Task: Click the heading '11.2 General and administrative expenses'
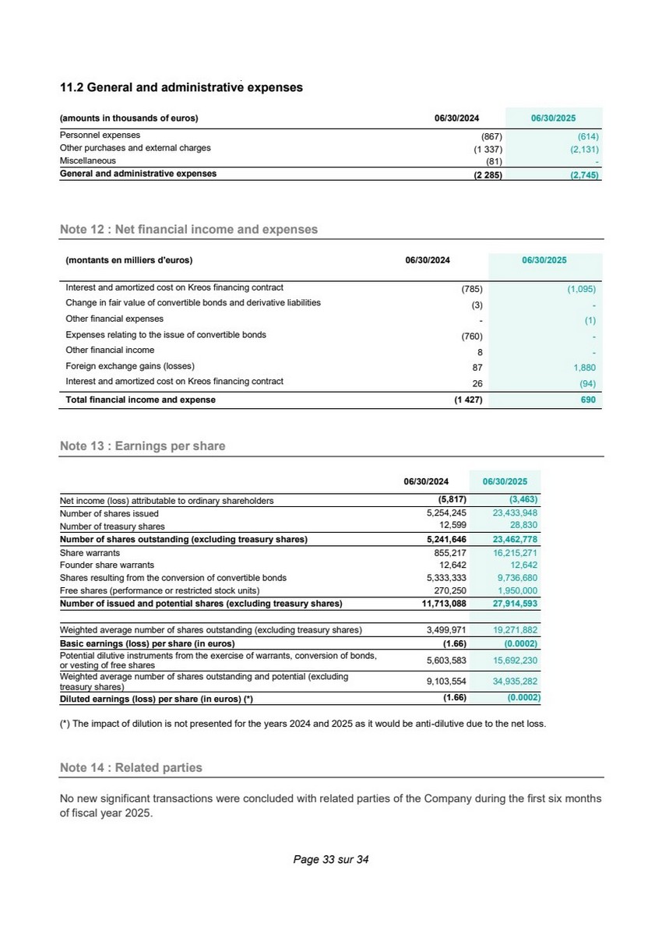click(181, 87)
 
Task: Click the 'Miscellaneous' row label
click(88, 161)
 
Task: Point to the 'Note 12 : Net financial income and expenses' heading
click(188, 229)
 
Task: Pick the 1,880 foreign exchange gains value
click(583, 366)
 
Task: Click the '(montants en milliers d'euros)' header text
click(129, 260)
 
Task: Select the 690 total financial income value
click(588, 400)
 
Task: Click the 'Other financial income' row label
click(110, 350)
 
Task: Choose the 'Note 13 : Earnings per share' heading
click(143, 446)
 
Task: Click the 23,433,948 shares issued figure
click(515, 513)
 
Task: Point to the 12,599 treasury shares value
click(452, 527)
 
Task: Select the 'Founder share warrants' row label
click(107, 565)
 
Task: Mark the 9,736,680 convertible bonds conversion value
click(516, 577)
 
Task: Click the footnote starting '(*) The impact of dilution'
click(303, 724)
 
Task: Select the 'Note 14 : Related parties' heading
click(131, 767)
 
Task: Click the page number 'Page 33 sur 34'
click(330, 860)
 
